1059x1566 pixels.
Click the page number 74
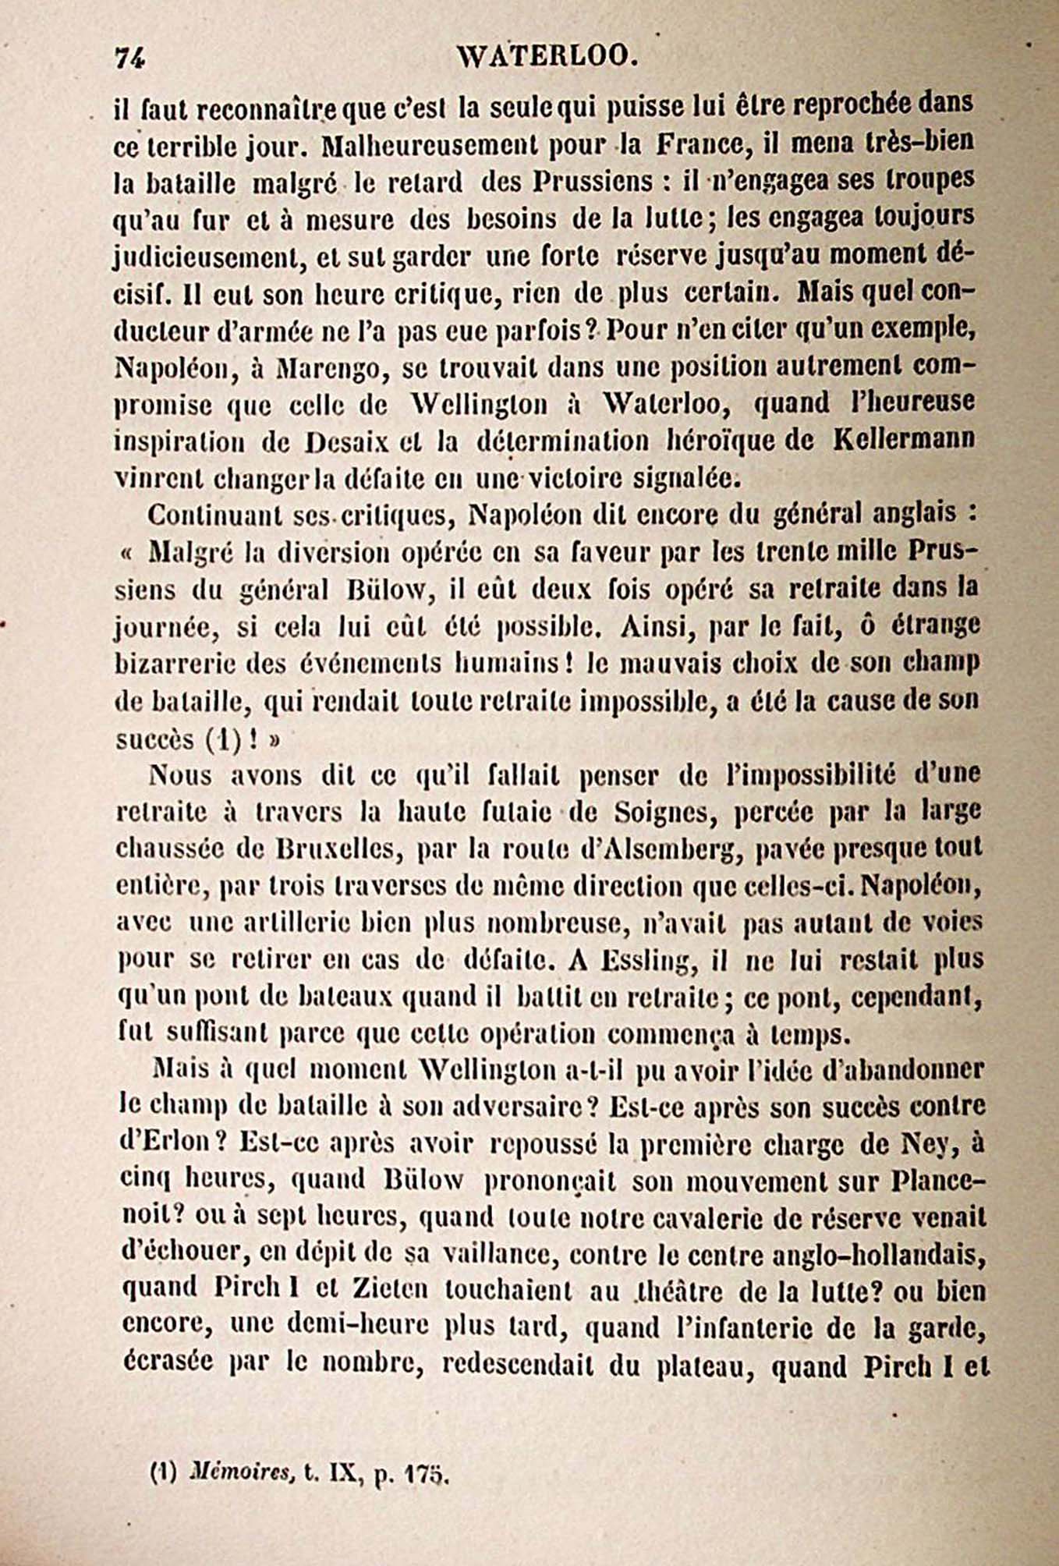[x=130, y=58]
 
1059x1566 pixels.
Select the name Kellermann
[x=904, y=439]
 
